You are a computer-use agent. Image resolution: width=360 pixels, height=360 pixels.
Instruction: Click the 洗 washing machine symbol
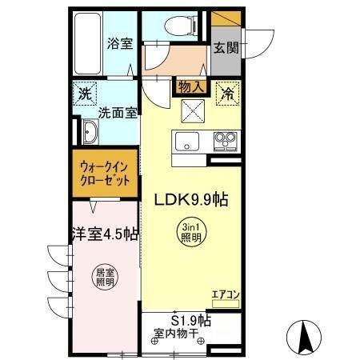click(x=84, y=93)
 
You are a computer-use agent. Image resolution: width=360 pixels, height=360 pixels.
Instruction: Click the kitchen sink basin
click(x=186, y=142)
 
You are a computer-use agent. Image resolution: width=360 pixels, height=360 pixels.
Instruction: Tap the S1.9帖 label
click(x=190, y=320)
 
